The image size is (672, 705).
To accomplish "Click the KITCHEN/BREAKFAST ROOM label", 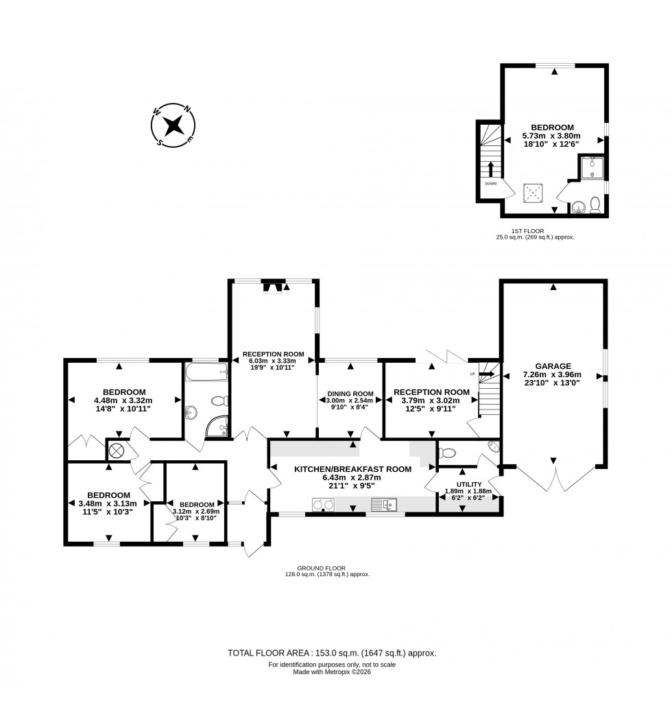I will click(x=352, y=469).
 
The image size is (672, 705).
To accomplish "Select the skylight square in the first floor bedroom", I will click(x=533, y=193).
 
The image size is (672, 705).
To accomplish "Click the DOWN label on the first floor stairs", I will click(x=490, y=184).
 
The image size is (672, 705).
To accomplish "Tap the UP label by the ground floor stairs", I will click(x=472, y=374).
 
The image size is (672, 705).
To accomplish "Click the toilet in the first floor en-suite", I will click(x=595, y=204).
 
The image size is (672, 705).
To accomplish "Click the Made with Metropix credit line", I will click(x=332, y=672).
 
